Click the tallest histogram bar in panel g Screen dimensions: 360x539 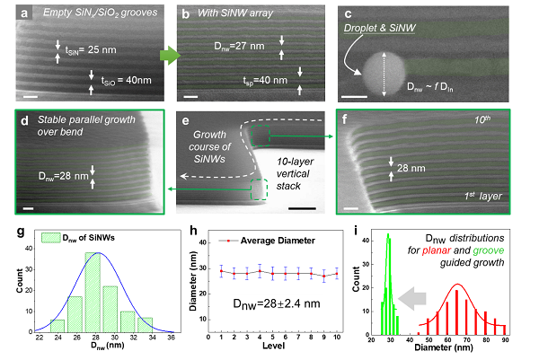(x=92, y=287)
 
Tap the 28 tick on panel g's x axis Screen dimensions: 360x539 (x=92, y=341)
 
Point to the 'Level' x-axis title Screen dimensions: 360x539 (x=272, y=353)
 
